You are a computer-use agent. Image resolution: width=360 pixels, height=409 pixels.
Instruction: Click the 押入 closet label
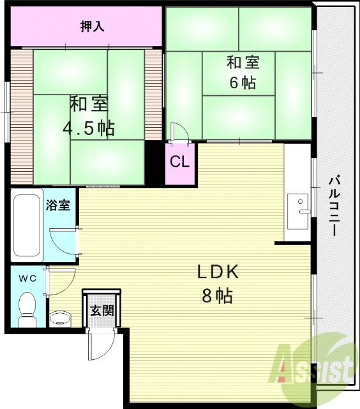coord(93,26)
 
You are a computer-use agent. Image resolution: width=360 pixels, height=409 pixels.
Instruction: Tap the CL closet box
coord(179,162)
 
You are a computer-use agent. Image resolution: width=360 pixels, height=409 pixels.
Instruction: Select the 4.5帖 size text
coord(88,128)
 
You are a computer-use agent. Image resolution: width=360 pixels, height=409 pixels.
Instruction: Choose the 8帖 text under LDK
coord(217,296)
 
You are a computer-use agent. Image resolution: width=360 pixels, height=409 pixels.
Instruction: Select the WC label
coord(26,278)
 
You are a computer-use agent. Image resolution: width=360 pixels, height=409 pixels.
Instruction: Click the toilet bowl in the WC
coord(27,307)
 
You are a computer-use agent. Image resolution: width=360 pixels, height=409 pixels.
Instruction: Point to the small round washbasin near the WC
coord(60,318)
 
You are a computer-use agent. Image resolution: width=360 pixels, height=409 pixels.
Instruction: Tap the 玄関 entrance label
coord(101,311)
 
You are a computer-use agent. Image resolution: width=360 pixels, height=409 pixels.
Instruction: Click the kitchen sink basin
coord(299,210)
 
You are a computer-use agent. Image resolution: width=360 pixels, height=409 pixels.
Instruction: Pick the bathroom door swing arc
coord(64,240)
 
